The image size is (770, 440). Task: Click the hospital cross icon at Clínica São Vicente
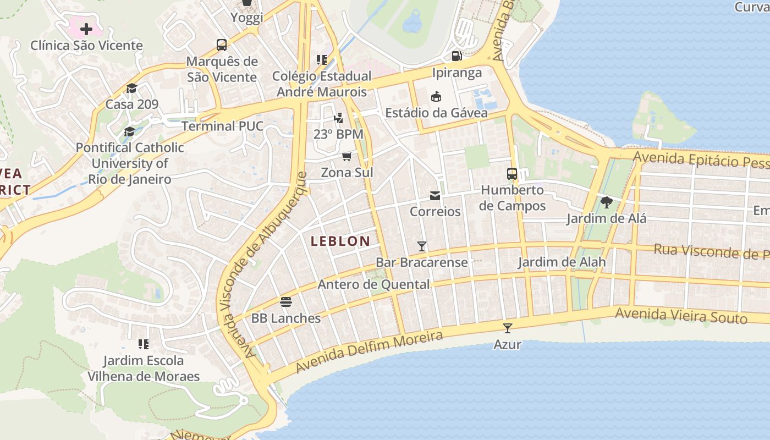pyautogui.click(x=86, y=29)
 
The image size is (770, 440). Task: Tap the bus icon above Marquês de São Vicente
pyautogui.click(x=222, y=45)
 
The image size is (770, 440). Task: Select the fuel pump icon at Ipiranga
pyautogui.click(x=457, y=56)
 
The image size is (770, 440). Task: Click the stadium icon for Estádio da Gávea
pyautogui.click(x=436, y=96)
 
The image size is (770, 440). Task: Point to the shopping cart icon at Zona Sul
pyautogui.click(x=346, y=156)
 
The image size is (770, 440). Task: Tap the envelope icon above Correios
pyautogui.click(x=435, y=195)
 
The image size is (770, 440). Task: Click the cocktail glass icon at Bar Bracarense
pyautogui.click(x=422, y=246)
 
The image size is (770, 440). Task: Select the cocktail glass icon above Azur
pyautogui.click(x=507, y=328)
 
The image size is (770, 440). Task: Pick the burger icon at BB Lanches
pyautogui.click(x=285, y=301)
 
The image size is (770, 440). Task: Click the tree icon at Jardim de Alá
pyautogui.click(x=607, y=202)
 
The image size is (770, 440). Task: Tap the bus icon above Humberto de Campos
pyautogui.click(x=512, y=174)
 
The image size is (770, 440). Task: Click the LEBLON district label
pyautogui.click(x=340, y=241)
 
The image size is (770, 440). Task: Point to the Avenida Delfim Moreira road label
pyautogui.click(x=369, y=351)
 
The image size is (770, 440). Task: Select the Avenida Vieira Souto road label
pyautogui.click(x=681, y=316)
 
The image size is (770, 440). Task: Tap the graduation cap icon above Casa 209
pyautogui.click(x=131, y=88)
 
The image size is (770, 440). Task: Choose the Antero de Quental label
pyautogui.click(x=374, y=284)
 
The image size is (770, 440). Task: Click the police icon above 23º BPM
pyautogui.click(x=338, y=118)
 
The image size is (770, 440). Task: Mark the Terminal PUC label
pyautogui.click(x=223, y=126)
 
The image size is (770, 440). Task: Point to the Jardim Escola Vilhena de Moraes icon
pyautogui.click(x=144, y=344)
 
